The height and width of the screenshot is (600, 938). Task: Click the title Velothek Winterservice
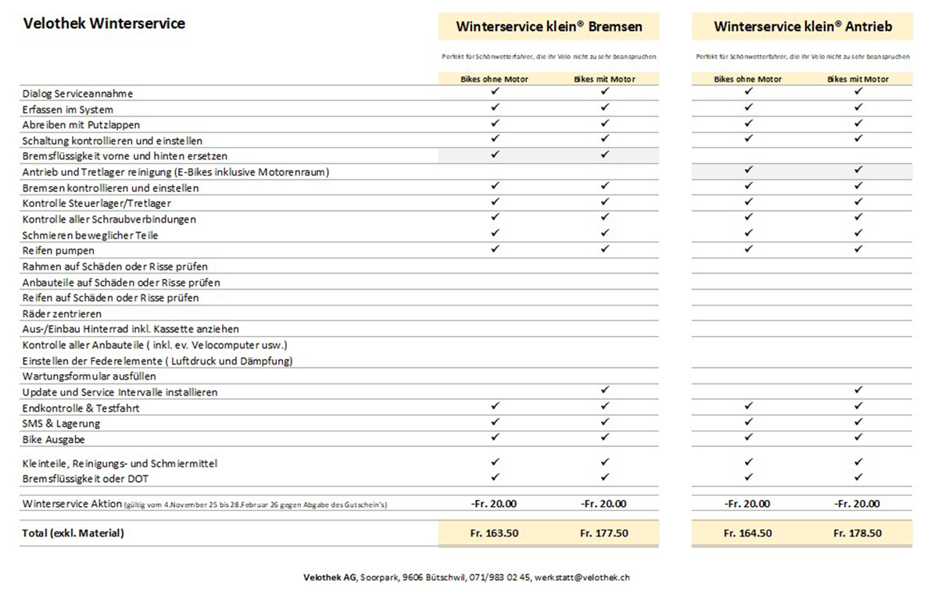pos(104,23)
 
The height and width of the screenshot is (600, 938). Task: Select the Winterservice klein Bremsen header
pos(549,27)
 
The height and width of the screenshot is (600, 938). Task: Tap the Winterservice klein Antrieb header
pos(803,27)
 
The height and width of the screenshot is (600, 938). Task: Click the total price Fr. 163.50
pos(494,534)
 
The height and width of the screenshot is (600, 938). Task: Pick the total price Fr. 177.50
pos(604,534)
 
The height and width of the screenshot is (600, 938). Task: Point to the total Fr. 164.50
pos(748,534)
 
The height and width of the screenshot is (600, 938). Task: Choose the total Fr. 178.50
pos(857,534)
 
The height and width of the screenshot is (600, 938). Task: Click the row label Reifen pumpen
pos(59,251)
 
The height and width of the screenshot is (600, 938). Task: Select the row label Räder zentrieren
pos(63,313)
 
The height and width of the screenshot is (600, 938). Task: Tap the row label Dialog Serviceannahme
pos(78,94)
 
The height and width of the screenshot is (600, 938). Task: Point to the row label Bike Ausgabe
pos(54,440)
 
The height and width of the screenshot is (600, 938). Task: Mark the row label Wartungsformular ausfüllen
pos(90,377)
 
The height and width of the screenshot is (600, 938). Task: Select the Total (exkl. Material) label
pos(73,534)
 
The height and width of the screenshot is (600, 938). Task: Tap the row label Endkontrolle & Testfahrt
pos(81,408)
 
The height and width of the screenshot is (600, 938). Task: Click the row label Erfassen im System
pos(68,109)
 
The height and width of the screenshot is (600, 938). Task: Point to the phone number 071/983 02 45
pos(499,577)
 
